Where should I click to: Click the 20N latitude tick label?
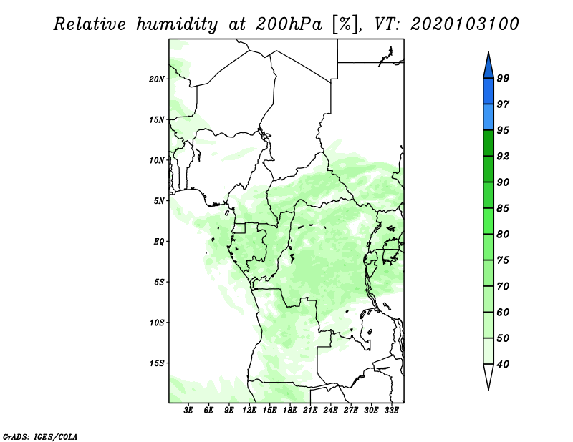157,79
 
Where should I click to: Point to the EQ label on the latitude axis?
159,241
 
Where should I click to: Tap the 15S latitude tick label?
157,363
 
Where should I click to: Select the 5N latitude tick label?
159,201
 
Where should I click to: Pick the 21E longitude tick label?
310,411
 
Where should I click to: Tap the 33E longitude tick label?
391,411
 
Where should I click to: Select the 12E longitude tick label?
249,411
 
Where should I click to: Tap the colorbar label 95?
503,130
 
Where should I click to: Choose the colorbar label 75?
503,260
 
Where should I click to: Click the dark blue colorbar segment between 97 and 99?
488,91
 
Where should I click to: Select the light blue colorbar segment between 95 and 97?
488,117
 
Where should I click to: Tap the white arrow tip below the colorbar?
488,378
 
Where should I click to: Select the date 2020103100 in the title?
466,24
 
